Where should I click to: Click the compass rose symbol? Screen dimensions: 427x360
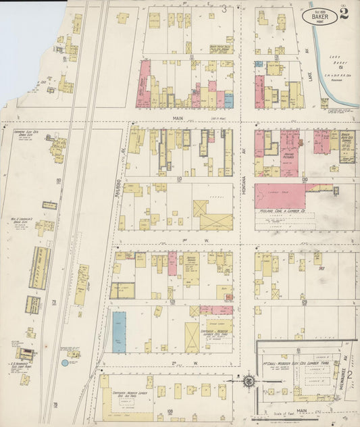point(249,382)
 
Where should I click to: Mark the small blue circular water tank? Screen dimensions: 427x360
point(64,363)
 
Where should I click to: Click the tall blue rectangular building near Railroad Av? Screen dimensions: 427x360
point(120,332)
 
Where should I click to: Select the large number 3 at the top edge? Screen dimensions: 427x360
point(224,9)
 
